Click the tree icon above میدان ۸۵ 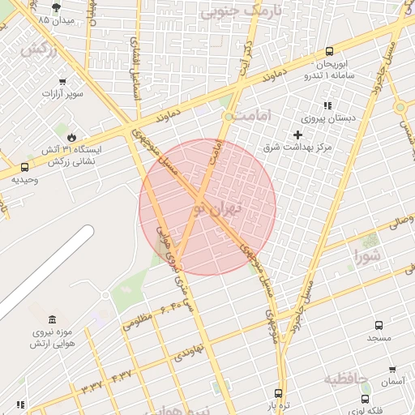[56, 6]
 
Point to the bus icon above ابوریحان [329, 51]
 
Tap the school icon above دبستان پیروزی [327, 105]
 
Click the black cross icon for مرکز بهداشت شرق [297, 135]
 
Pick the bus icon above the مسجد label [379, 323]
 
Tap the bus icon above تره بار [279, 393]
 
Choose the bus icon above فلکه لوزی [365, 400]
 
